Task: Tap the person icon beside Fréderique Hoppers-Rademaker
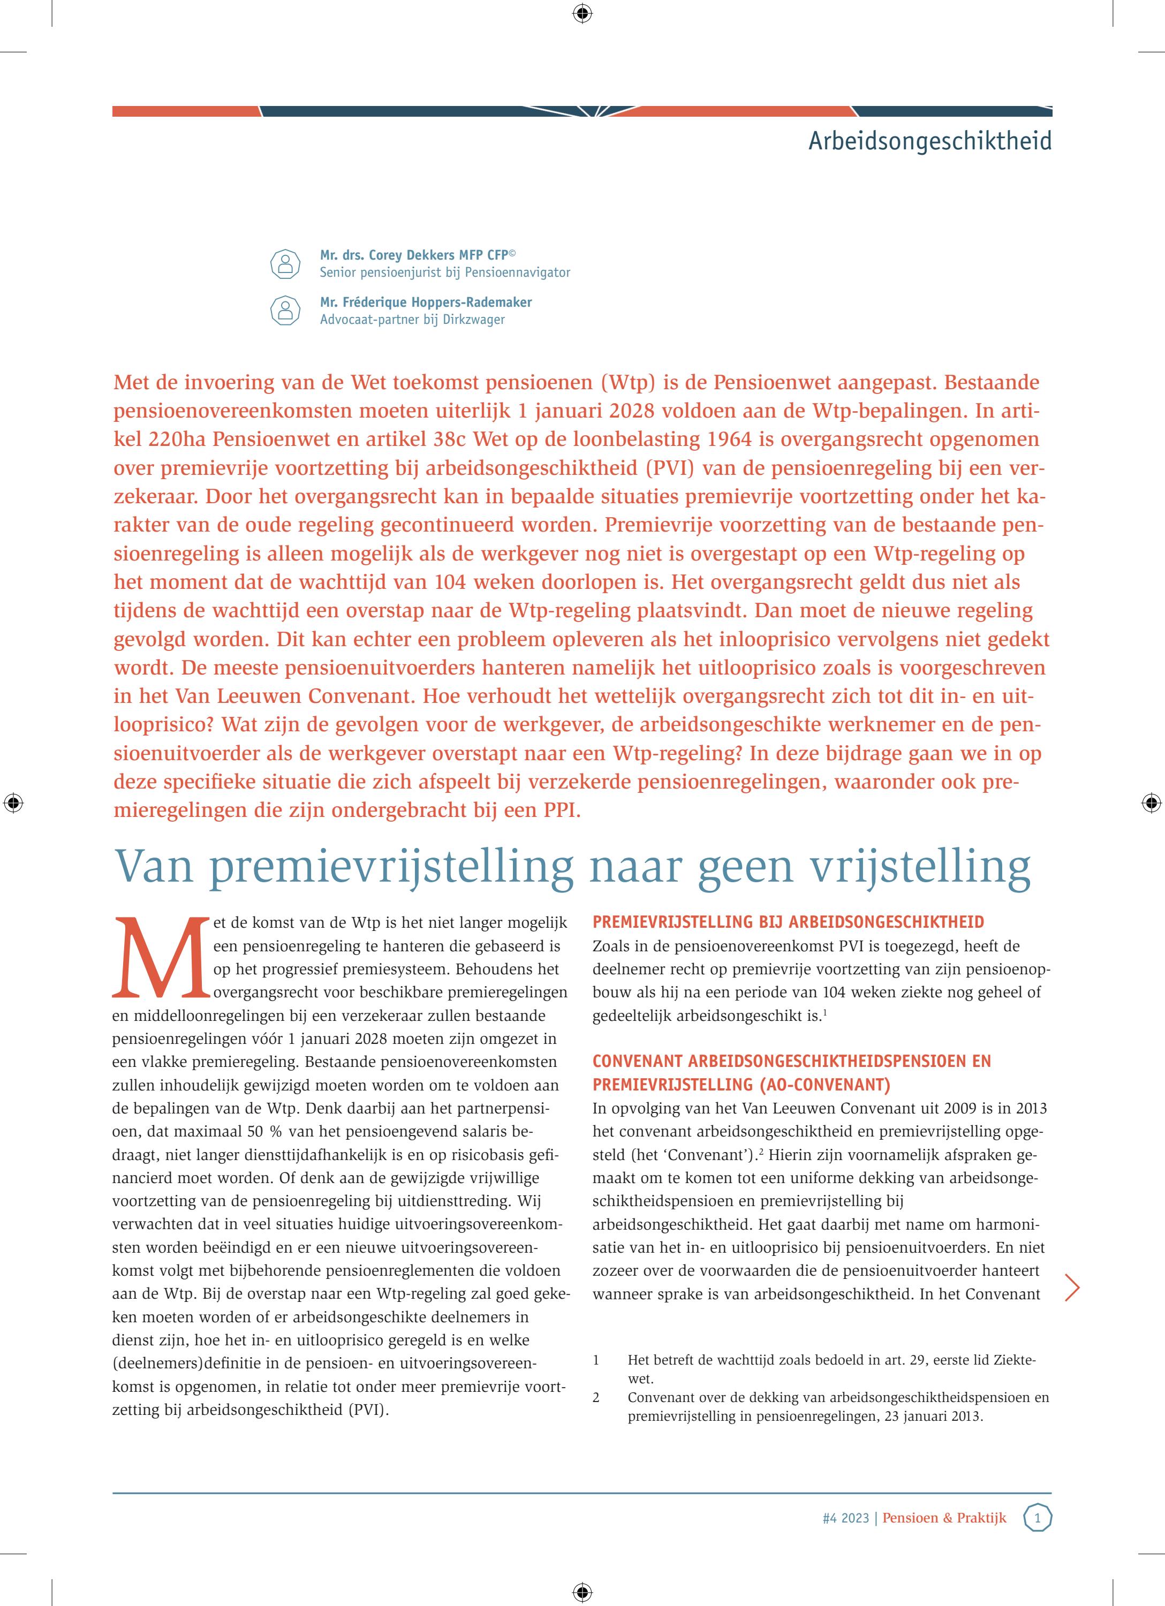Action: pyautogui.click(x=285, y=310)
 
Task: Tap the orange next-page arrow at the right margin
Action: pyautogui.click(x=1072, y=1287)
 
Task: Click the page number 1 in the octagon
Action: pyautogui.click(x=1038, y=1518)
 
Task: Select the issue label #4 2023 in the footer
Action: pyautogui.click(x=845, y=1518)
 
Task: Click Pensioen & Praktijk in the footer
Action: pyautogui.click(x=944, y=1518)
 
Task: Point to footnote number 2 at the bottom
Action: pyautogui.click(x=596, y=1398)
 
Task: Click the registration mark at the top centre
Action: pyautogui.click(x=582, y=13)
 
